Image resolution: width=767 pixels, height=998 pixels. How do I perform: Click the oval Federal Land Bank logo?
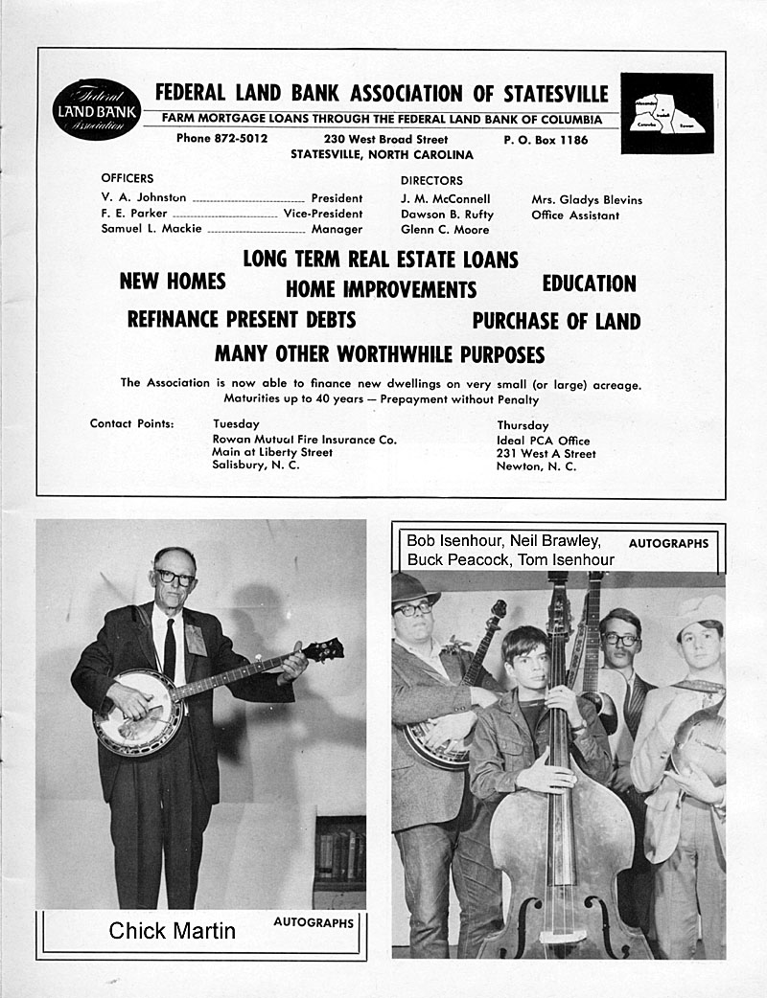tap(96, 110)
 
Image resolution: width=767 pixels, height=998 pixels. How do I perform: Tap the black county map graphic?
tap(667, 113)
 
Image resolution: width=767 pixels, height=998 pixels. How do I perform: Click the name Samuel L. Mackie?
tap(151, 229)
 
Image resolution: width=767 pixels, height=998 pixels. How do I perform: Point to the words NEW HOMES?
tap(173, 282)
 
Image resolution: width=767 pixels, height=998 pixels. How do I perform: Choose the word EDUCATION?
tap(589, 284)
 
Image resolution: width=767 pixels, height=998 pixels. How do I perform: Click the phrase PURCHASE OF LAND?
tap(556, 322)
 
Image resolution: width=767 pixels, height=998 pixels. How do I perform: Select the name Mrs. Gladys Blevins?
tap(587, 200)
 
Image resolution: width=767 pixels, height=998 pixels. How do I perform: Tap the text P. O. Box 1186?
tap(546, 140)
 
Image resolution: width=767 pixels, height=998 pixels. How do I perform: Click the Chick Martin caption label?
tap(173, 930)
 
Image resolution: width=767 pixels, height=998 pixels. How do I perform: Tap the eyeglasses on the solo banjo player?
tap(174, 578)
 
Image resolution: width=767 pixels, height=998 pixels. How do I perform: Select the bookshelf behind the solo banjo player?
tap(339, 852)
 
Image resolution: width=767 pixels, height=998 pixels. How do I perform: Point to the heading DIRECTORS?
tap(431, 180)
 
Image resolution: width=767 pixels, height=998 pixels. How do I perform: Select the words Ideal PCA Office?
tap(543, 441)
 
